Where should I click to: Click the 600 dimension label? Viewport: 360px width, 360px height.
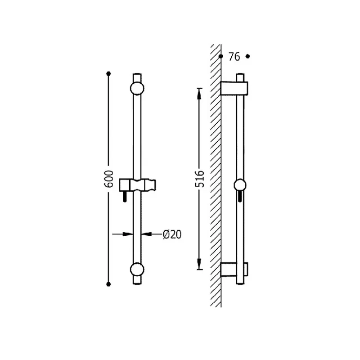109,179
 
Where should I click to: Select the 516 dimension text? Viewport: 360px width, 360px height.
199,179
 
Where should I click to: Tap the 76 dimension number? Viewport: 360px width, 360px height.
234,57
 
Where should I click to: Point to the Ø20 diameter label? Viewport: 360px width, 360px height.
172,234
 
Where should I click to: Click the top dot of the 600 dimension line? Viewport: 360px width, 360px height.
108,74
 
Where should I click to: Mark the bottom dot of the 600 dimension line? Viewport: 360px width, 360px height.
108,284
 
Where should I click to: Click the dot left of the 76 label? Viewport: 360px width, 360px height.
221,56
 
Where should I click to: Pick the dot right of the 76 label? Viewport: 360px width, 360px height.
247,56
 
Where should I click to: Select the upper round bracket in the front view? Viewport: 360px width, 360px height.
137,88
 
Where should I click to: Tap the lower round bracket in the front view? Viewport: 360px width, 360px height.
137,270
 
